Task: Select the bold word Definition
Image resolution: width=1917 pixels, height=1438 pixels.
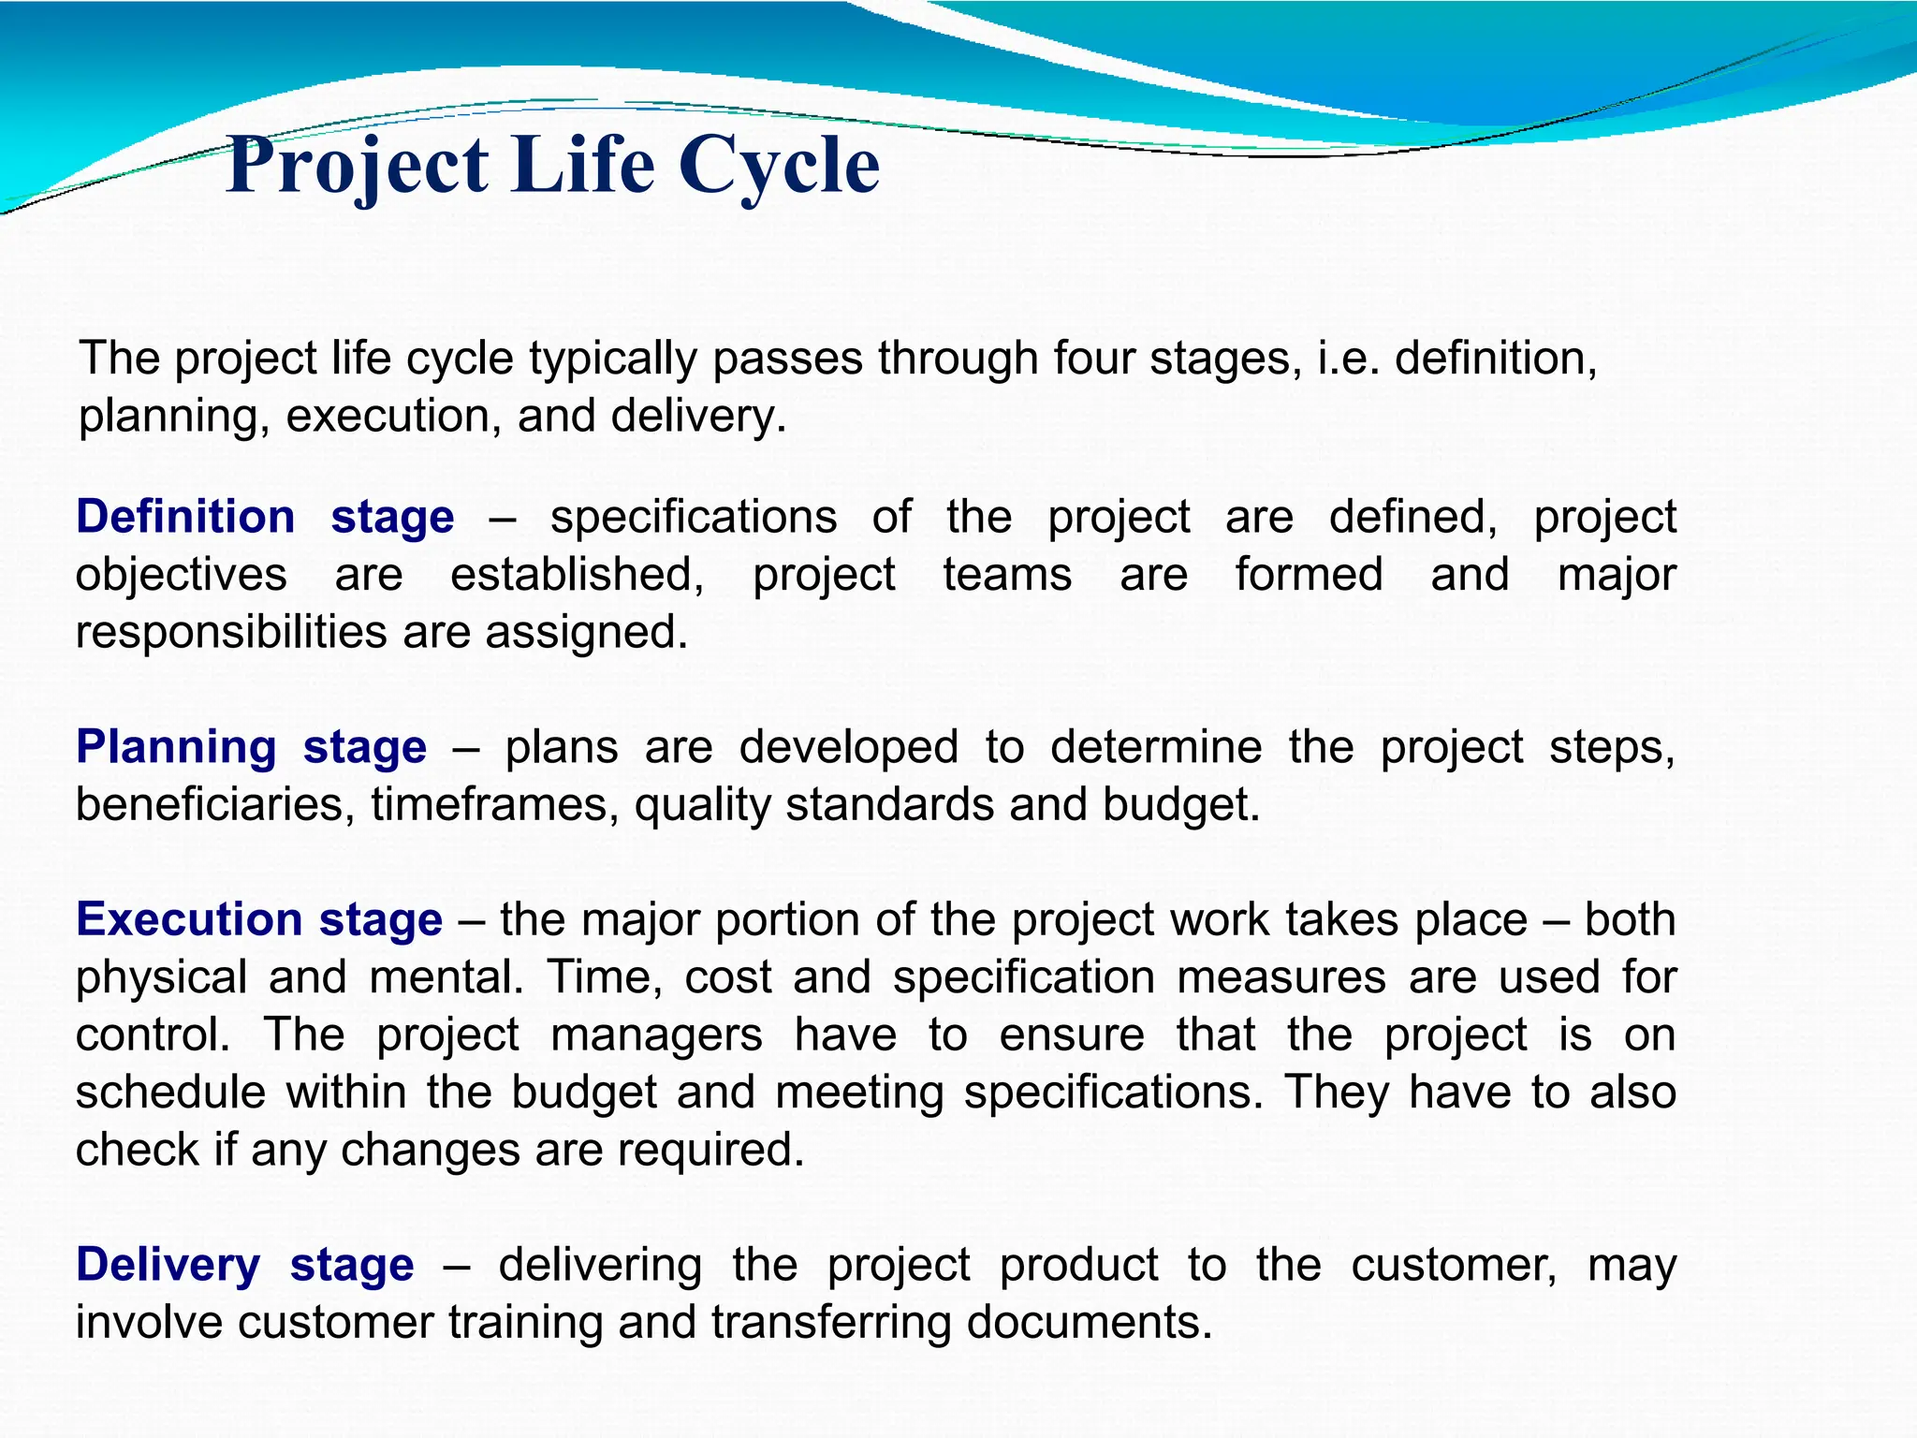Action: pos(185,518)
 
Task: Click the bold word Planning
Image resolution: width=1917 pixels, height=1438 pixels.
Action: pos(176,748)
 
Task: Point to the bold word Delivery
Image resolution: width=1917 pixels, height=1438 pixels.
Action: pos(168,1265)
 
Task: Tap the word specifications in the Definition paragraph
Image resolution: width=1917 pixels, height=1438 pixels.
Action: pos(694,518)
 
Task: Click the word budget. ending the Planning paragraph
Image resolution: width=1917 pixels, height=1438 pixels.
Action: pos(1181,805)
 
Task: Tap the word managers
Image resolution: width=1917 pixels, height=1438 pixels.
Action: pos(656,1035)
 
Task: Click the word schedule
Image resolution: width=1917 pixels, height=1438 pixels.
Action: pos(170,1093)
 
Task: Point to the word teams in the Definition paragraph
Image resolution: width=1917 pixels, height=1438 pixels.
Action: pos(1007,575)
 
